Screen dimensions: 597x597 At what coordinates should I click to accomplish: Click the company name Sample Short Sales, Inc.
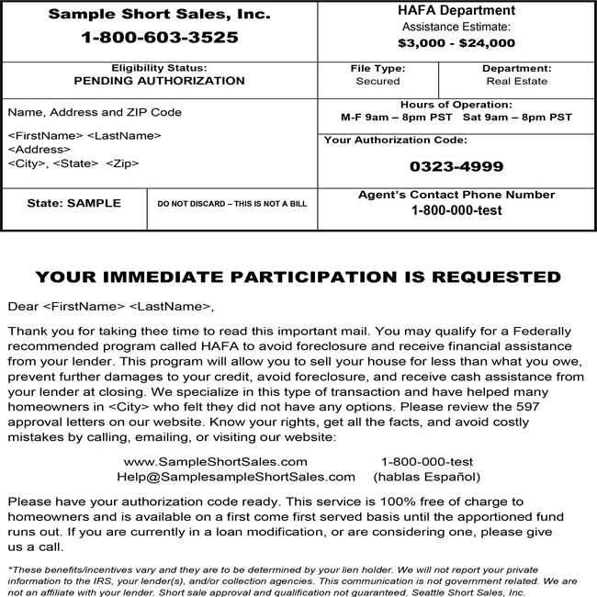click(x=159, y=14)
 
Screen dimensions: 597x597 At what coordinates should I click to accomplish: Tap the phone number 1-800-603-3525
click(x=159, y=38)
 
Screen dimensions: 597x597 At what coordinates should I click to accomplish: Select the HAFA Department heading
click(x=456, y=11)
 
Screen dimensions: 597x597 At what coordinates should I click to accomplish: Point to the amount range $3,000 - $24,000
click(x=456, y=42)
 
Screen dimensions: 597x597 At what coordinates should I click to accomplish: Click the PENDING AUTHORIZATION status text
click(x=159, y=81)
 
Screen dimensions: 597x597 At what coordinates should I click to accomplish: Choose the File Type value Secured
click(x=377, y=82)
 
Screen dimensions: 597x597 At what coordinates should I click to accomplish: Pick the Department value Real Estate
click(x=516, y=82)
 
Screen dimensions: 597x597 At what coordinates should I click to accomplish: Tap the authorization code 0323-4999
click(x=456, y=167)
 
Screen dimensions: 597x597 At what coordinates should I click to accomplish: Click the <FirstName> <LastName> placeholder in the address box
click(x=84, y=135)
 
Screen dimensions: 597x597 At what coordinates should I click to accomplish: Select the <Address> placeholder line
click(x=39, y=149)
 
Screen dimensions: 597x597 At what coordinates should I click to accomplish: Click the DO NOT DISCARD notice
click(x=231, y=204)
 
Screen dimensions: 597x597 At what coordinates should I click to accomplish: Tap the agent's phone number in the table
click(x=456, y=210)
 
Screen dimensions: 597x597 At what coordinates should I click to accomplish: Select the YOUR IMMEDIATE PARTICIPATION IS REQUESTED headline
click(x=298, y=276)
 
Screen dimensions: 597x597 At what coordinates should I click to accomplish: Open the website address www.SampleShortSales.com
click(x=216, y=462)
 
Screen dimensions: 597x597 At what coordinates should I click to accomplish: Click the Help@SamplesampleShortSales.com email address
click(x=236, y=477)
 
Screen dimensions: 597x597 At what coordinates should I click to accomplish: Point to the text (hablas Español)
click(x=426, y=477)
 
